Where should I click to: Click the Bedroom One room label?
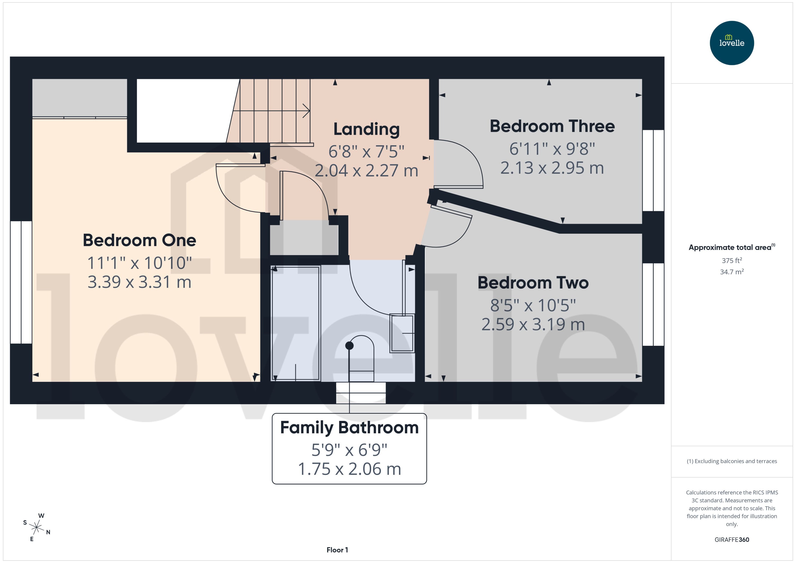click(139, 240)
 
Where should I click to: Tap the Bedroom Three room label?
click(552, 126)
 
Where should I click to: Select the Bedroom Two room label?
click(533, 283)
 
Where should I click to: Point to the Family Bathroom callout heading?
click(349, 428)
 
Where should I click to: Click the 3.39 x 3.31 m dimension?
click(139, 282)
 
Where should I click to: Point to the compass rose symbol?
click(36, 528)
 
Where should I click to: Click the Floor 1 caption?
click(337, 550)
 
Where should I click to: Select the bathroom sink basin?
click(402, 333)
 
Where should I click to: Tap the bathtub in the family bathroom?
click(295, 323)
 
